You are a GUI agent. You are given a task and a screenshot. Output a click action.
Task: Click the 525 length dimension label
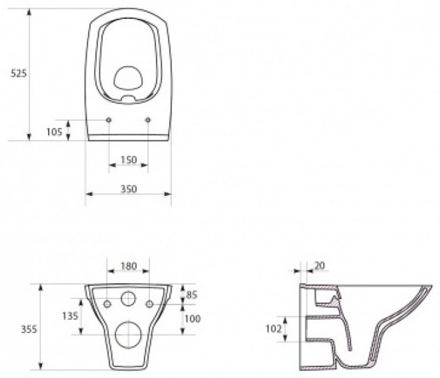(18, 73)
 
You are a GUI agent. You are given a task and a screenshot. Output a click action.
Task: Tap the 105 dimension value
(54, 132)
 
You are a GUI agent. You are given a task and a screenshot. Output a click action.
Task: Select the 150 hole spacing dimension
(129, 160)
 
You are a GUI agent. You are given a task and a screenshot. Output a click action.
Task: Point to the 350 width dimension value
(129, 189)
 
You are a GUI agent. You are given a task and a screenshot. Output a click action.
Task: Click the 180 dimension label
(129, 266)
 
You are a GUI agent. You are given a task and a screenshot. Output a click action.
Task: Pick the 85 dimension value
(192, 295)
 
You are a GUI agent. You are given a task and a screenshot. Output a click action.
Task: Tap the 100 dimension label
(193, 319)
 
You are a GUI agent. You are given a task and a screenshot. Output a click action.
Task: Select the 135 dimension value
(70, 316)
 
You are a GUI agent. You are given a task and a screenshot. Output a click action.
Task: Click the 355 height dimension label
(29, 329)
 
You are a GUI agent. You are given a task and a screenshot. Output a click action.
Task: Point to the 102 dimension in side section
(274, 329)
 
